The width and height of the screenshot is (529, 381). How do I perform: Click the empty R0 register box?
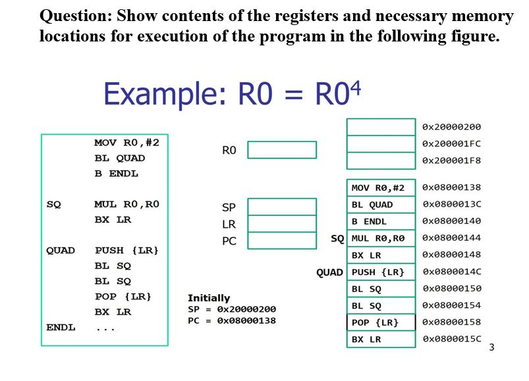pos(281,151)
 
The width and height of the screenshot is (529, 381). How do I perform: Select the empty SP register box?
pos(281,207)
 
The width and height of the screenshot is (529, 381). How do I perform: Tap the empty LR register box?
pos(281,224)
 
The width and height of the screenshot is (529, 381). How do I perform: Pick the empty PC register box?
pos(281,241)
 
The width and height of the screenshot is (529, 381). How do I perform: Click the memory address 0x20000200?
pos(451,127)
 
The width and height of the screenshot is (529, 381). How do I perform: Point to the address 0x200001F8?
pos(451,160)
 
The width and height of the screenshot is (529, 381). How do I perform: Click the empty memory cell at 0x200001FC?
pos(381,143)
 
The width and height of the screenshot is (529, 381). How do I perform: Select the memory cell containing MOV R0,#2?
pos(381,188)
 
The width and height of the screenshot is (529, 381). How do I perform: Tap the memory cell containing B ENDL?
pos(381,222)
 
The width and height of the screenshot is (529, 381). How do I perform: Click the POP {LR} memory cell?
pos(381,322)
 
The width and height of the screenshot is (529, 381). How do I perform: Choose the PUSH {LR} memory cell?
pos(381,272)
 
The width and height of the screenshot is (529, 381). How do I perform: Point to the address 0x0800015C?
pos(451,340)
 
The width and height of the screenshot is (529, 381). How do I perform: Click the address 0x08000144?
pos(451,238)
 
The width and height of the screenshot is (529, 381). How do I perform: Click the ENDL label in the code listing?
pos(61,327)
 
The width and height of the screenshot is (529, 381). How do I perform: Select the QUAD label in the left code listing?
pos(61,251)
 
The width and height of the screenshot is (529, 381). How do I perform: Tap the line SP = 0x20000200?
pos(232,309)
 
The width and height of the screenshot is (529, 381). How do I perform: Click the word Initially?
pos(209,298)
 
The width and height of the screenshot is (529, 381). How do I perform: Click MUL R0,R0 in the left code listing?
pos(126,205)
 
